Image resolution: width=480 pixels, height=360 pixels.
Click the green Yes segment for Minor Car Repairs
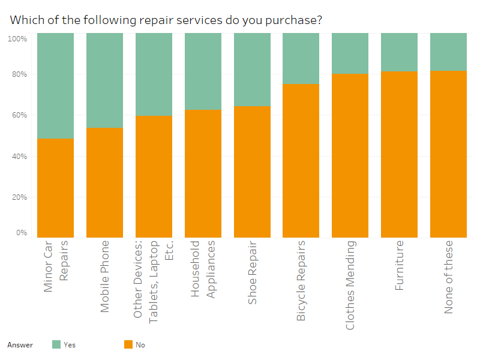55,86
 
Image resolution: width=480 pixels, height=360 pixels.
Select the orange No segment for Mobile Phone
104,182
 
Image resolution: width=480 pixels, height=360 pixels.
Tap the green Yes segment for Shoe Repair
252,70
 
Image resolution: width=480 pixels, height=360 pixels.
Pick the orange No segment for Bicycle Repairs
301,160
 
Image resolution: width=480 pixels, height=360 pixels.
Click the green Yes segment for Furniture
399,52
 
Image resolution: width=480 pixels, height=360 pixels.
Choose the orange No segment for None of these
448,154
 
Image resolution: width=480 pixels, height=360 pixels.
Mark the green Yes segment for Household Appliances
203,71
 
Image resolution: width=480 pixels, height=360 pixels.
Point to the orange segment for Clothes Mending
350,155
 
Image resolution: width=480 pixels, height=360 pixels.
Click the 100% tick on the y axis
17,39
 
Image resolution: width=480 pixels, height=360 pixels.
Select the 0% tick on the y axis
21,233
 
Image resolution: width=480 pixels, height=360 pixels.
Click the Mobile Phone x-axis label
105,276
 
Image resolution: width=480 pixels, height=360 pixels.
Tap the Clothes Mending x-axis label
350,285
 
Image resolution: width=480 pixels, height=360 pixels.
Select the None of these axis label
449,277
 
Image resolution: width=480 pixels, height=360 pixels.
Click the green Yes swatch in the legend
56,344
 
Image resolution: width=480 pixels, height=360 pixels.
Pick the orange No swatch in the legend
128,344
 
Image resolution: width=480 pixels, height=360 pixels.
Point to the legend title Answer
20,345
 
